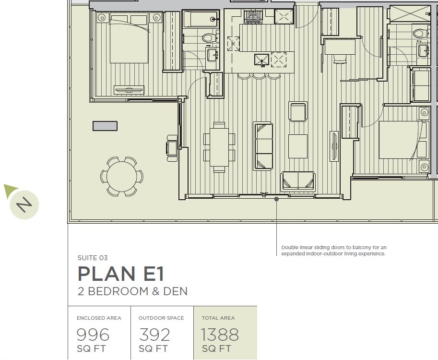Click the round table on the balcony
122,176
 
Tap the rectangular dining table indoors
219,147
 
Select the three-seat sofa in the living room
263,146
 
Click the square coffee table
298,146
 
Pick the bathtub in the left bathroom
201,19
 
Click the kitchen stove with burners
253,16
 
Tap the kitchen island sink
261,60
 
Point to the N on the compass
24,204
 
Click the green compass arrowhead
10,190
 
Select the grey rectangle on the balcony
105,126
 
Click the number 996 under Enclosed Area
93,335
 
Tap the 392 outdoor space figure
154,335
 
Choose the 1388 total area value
220,335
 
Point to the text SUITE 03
93,258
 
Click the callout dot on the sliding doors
276,199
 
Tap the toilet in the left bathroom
210,37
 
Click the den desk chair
340,59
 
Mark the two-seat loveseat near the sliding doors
298,181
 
